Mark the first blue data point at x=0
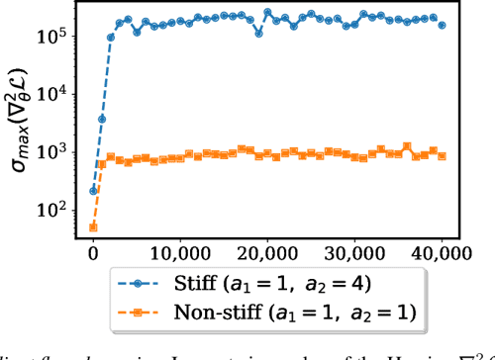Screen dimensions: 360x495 pyautogui.click(x=93, y=190)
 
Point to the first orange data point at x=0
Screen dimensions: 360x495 pyautogui.click(x=93, y=227)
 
